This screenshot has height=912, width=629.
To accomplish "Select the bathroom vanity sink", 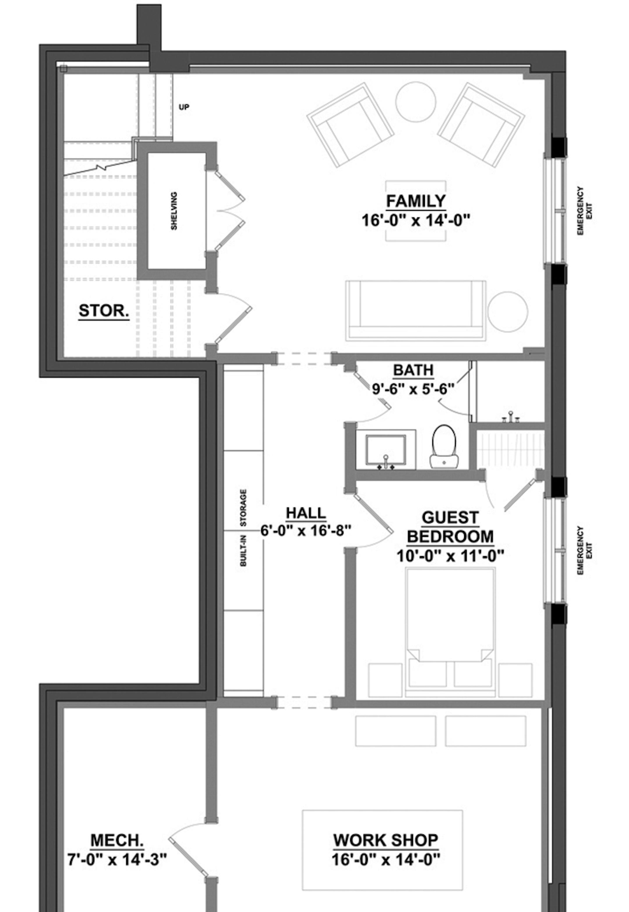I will (386, 450).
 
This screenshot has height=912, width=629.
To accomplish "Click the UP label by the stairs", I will (184, 107).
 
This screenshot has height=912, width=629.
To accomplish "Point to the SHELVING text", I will (174, 211).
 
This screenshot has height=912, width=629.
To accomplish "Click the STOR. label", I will (104, 311).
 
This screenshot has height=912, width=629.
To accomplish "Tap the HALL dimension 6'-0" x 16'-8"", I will (305, 531).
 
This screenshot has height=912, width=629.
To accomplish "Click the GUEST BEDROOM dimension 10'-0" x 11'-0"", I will (450, 556).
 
